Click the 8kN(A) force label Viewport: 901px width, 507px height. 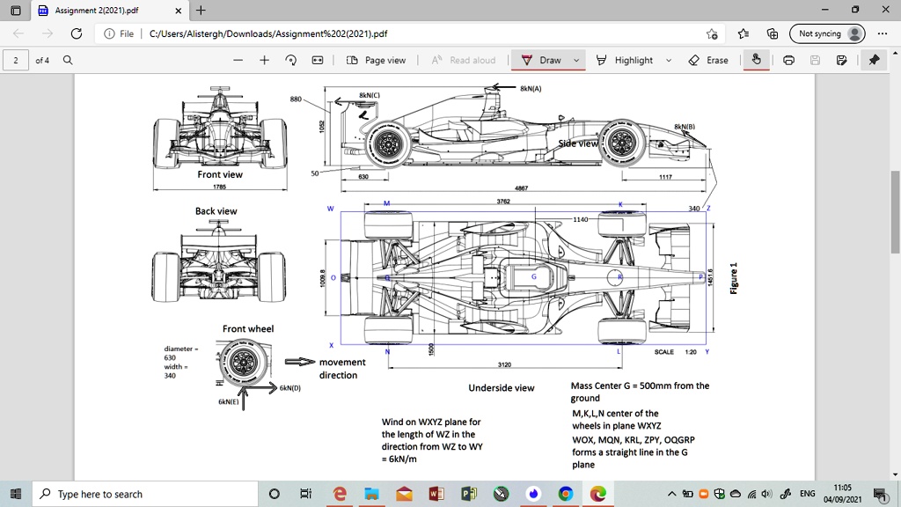[531, 88]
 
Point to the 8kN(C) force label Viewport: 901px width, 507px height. [370, 94]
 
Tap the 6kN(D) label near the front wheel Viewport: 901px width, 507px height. [290, 387]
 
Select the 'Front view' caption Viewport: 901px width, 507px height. [220, 174]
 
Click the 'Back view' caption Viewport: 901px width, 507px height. [216, 211]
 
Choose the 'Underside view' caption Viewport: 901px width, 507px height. [502, 388]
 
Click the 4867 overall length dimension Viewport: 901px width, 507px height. [522, 187]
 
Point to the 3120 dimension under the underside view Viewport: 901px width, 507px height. [504, 364]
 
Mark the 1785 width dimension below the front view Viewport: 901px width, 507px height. [219, 187]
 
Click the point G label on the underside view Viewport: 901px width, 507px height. [533, 276]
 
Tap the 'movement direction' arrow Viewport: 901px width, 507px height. [299, 362]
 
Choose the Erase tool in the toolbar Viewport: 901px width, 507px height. [709, 60]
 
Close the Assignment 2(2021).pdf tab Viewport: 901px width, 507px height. [178, 11]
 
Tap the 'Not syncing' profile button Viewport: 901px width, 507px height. [827, 33]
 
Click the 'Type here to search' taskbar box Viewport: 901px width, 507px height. [145, 494]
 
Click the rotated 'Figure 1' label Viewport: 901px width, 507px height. [734, 278]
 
